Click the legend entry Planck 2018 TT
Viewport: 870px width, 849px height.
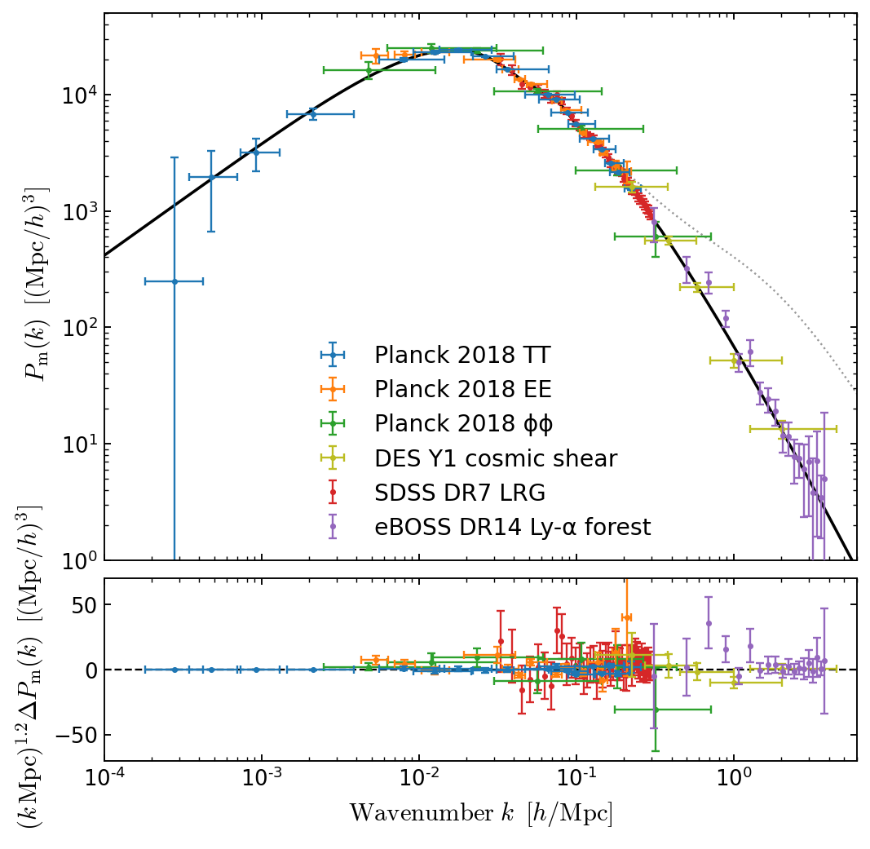coord(462,355)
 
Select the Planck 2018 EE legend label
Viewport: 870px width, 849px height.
coord(462,389)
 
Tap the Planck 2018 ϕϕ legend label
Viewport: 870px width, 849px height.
coord(461,424)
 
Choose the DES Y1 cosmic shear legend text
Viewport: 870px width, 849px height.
coord(496,458)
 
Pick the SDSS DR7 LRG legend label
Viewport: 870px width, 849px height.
coord(460,493)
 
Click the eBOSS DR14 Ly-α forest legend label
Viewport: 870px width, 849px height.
coord(512,528)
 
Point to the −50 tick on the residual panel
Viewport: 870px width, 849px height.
coord(72,736)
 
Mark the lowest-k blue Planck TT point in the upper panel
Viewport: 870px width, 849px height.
coord(174,281)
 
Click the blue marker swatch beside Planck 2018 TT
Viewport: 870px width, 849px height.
coord(333,355)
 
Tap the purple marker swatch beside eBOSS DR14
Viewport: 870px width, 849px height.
coord(333,527)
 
